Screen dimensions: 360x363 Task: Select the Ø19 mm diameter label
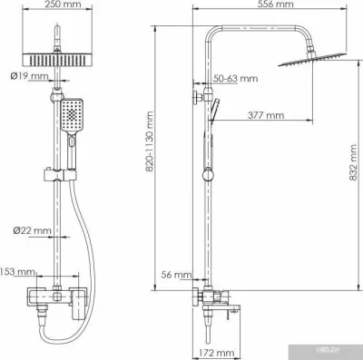tap(27, 76)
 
